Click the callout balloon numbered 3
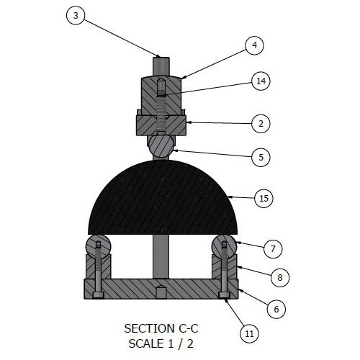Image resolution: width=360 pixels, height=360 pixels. (x=76, y=16)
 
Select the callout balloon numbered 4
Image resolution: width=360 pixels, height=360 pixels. (x=254, y=45)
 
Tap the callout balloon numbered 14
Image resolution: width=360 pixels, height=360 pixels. (x=261, y=81)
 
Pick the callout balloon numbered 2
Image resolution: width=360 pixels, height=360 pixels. (x=261, y=124)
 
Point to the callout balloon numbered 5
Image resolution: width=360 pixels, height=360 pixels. (x=261, y=158)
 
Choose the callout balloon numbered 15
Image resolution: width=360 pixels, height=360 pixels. (x=264, y=199)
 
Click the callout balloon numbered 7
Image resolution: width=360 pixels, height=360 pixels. (x=273, y=249)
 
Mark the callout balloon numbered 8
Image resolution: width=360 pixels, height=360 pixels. (x=280, y=278)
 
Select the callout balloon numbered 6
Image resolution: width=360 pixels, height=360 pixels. (x=276, y=309)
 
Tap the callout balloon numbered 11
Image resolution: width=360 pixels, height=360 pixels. (x=249, y=333)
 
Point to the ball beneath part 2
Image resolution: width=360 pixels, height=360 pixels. (x=161, y=146)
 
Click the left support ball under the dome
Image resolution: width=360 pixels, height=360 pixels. (x=99, y=246)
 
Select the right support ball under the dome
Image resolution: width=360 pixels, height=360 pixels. (x=224, y=246)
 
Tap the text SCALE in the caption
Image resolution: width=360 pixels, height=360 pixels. (x=146, y=343)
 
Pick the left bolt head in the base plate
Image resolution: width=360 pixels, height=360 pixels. (x=98, y=295)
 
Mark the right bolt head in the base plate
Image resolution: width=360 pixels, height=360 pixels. (x=224, y=295)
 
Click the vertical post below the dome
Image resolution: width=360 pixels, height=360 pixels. (x=161, y=256)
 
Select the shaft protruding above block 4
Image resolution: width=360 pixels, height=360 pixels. (x=161, y=67)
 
